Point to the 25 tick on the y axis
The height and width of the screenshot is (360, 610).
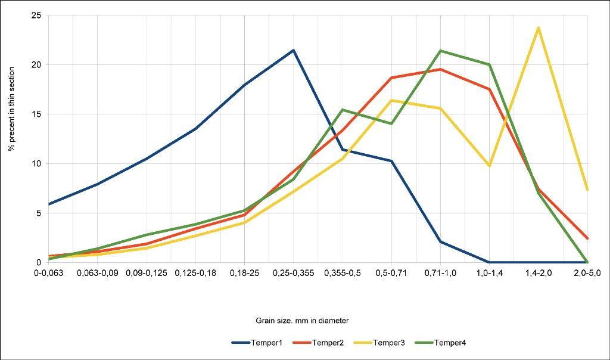[x=36, y=15]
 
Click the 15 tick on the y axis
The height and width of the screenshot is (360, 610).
[x=36, y=114]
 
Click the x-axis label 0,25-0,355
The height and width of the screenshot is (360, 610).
[x=293, y=272]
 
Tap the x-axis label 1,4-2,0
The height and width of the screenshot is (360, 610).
[x=539, y=272]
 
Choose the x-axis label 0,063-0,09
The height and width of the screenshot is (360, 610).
[x=97, y=272]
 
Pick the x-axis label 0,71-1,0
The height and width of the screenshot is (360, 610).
[x=440, y=272]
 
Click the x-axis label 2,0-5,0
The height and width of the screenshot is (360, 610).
[x=587, y=272]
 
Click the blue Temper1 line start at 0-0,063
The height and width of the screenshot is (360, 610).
[x=49, y=204]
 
